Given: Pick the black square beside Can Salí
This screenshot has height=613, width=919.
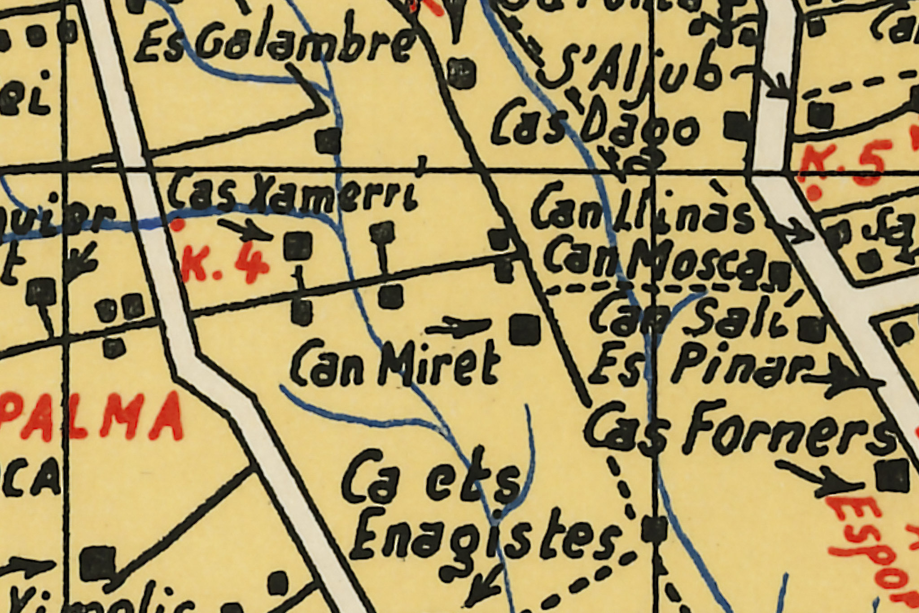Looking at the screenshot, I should tap(813, 329).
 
